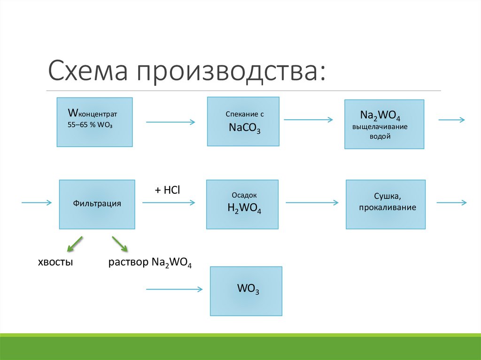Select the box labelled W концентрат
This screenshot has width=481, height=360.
[94, 122]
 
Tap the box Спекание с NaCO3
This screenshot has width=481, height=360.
[243, 122]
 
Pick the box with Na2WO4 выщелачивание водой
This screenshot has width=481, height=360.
[384, 124]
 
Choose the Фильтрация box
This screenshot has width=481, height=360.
[97, 204]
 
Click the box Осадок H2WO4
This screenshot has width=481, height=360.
[242, 204]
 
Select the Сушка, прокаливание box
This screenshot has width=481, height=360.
[386, 204]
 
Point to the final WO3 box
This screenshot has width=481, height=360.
[246, 291]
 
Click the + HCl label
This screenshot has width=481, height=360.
[168, 189]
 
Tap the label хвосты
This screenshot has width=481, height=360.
[55, 262]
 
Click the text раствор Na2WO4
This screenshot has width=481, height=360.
[150, 262]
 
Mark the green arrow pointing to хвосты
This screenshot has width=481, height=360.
[74, 244]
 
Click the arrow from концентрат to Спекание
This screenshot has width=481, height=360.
[171, 122]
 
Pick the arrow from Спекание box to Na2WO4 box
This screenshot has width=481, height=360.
[308, 120]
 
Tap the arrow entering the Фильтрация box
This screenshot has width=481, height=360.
[36, 202]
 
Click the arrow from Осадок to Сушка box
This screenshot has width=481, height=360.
[312, 203]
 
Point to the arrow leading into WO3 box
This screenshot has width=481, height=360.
[174, 289]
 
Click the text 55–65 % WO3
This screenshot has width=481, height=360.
[92, 126]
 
